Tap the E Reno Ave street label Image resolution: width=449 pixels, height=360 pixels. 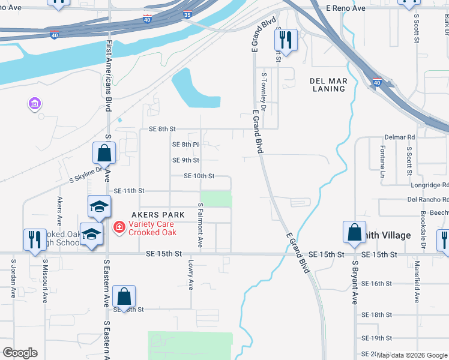(x=346, y=8)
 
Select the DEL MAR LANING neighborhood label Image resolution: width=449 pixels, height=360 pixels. (x=328, y=85)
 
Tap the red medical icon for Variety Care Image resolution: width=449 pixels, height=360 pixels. (x=119, y=227)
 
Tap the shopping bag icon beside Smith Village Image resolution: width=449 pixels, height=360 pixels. (x=354, y=232)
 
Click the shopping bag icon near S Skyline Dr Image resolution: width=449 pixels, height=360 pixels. (x=104, y=153)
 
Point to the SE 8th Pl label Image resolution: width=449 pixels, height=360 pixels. (x=185, y=145)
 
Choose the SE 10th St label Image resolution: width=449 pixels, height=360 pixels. (x=199, y=176)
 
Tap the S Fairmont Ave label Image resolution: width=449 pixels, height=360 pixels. (x=200, y=226)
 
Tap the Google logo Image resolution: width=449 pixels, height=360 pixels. (x=20, y=353)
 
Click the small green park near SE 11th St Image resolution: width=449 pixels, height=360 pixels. (x=215, y=199)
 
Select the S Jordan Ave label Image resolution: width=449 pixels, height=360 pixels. (x=13, y=278)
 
